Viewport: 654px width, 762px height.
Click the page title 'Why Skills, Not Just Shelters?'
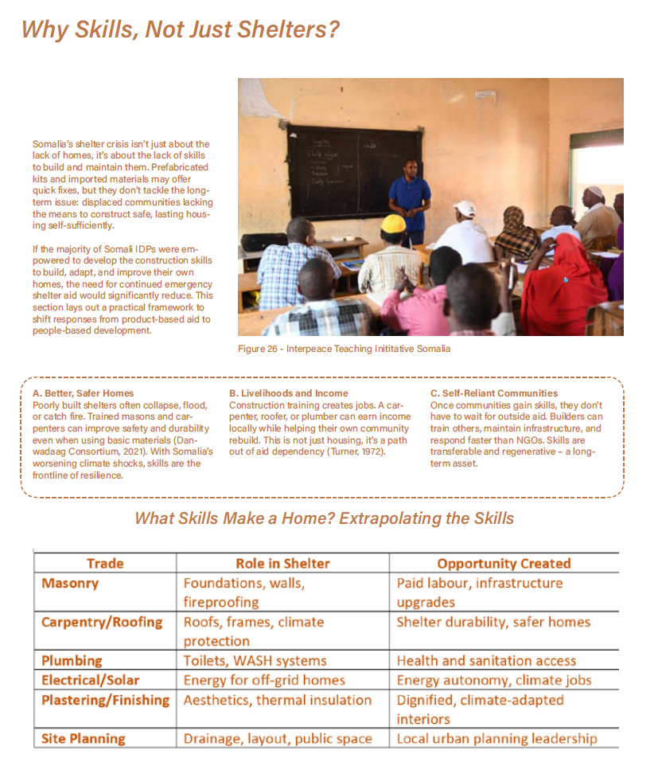pos(180,30)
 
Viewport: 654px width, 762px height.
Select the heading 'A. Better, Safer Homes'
pos(84,393)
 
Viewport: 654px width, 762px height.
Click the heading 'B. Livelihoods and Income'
pos(288,393)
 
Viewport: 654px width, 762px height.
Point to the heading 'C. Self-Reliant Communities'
pos(494,393)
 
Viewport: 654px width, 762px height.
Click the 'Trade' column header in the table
pos(105,564)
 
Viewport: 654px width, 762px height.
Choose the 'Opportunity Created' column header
pos(504,564)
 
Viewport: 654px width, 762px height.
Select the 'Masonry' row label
pos(70,584)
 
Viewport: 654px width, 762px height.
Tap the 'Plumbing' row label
pos(72,661)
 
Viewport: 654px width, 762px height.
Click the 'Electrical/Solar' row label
pos(90,680)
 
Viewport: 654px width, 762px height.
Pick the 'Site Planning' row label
pos(83,739)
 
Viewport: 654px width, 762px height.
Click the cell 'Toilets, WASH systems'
pos(255,661)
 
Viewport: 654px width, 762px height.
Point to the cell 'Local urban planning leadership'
pos(496,739)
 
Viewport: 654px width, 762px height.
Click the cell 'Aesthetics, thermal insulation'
pos(278,700)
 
